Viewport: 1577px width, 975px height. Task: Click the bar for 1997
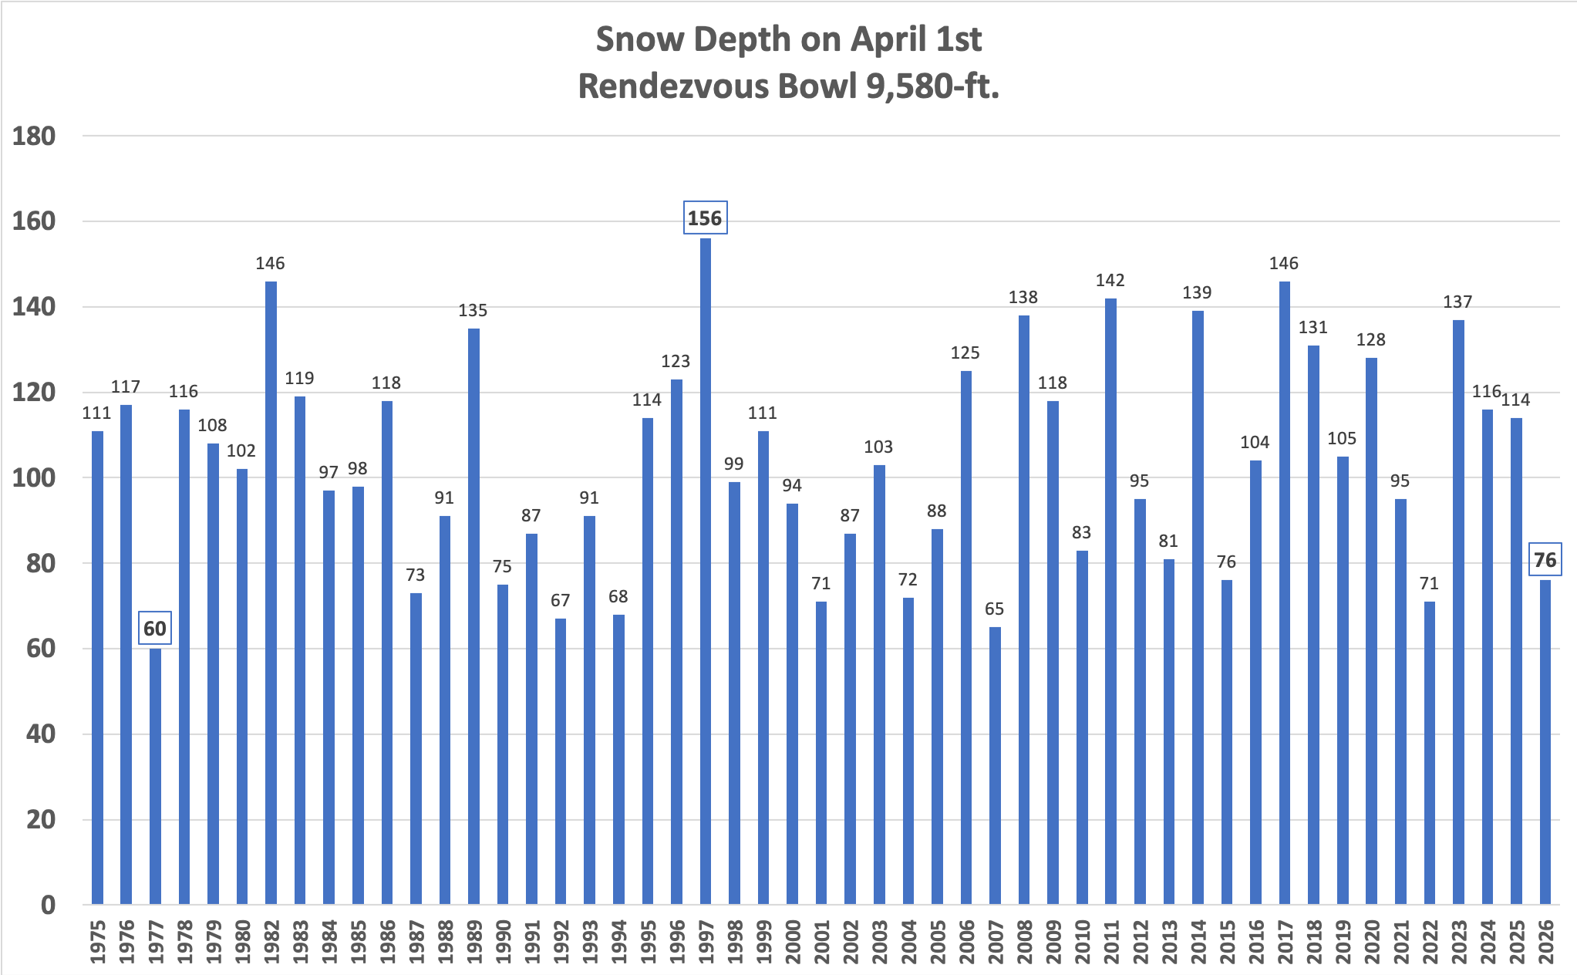pyautogui.click(x=706, y=571)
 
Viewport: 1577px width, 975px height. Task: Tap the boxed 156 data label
pyautogui.click(x=705, y=218)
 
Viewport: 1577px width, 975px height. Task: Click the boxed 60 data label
pyautogui.click(x=155, y=629)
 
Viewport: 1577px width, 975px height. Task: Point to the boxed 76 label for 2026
pyautogui.click(x=1545, y=560)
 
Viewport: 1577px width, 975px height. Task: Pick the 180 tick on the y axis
pyautogui.click(x=34, y=137)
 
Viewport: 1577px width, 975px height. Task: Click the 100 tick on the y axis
pyautogui.click(x=34, y=478)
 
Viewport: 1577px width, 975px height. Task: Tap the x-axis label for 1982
pyautogui.click(x=271, y=941)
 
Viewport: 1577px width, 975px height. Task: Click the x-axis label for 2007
pyautogui.click(x=996, y=941)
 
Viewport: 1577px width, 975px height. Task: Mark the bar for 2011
pyautogui.click(x=1110, y=601)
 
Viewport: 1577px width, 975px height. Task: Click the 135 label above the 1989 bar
pyautogui.click(x=473, y=311)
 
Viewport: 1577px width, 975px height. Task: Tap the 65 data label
pyautogui.click(x=994, y=609)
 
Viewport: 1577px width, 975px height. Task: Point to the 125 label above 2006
pyautogui.click(x=965, y=353)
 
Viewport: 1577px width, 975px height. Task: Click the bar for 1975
pyautogui.click(x=97, y=667)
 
